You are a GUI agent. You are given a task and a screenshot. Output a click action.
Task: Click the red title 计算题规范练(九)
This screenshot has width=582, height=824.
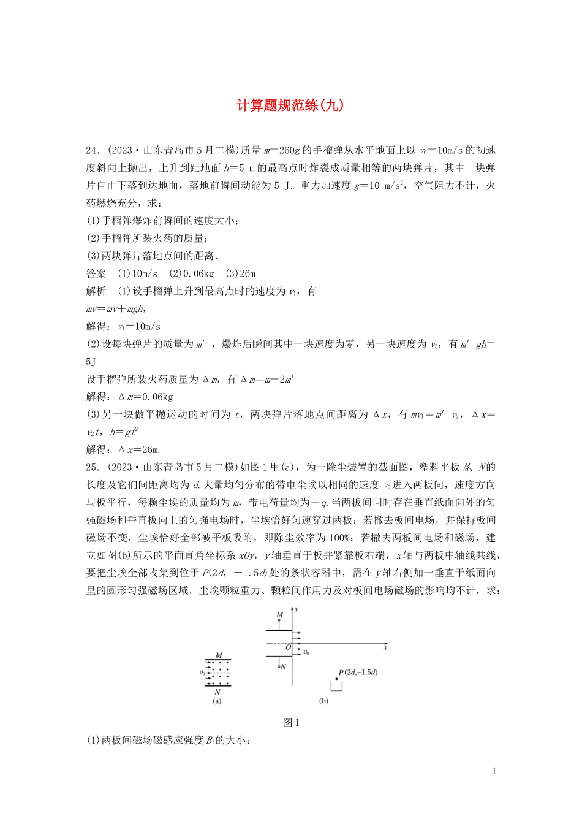click(x=290, y=105)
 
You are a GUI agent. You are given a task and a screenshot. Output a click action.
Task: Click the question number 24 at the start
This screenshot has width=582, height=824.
click(x=92, y=150)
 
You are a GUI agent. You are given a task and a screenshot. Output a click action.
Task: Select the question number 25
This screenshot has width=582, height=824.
click(x=92, y=467)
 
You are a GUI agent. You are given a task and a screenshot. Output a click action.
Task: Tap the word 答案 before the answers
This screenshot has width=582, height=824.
click(x=96, y=273)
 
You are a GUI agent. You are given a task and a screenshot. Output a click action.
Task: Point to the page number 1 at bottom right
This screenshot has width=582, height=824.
click(x=494, y=771)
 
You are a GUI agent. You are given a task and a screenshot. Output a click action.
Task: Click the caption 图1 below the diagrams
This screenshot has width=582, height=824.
click(x=291, y=722)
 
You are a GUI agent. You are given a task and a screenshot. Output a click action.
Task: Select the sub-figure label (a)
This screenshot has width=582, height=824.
click(x=217, y=701)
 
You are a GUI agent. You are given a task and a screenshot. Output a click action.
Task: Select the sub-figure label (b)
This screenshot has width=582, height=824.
click(x=323, y=701)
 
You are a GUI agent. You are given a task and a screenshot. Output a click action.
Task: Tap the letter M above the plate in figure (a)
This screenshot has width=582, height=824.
click(x=219, y=655)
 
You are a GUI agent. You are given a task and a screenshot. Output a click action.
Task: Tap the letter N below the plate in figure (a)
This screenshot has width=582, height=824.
click(x=217, y=692)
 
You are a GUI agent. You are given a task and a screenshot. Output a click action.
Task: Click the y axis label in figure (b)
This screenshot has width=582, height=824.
click(x=297, y=609)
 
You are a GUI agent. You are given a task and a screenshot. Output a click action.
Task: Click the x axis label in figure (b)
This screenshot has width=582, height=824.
click(x=385, y=647)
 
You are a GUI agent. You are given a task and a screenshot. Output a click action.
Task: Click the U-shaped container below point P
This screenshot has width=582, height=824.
click(x=336, y=686)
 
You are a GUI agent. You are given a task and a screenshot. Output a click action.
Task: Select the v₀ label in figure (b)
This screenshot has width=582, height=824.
click(x=306, y=652)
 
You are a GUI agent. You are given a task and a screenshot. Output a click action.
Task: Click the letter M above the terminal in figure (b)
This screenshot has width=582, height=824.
click(x=279, y=615)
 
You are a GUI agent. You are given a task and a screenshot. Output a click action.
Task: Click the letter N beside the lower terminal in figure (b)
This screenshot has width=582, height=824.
click(x=283, y=666)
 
